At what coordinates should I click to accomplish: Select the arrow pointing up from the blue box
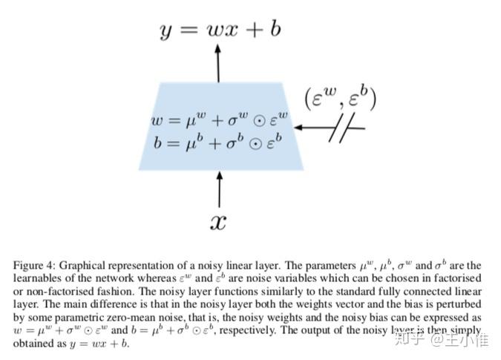[217, 62]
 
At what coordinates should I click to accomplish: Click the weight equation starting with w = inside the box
[219, 120]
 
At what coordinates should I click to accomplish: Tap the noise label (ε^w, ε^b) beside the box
[339, 99]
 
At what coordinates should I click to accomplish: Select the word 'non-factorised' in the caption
[56, 290]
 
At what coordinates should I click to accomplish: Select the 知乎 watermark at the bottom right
[412, 341]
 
